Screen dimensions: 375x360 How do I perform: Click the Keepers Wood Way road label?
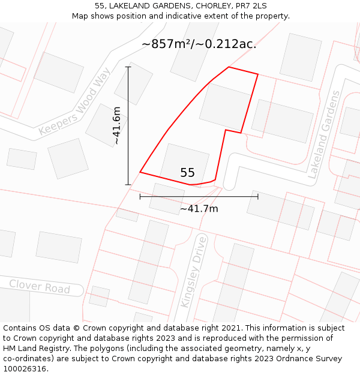(74, 103)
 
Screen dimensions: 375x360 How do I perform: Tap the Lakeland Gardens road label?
(324, 135)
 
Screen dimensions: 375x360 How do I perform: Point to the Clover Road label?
(40, 286)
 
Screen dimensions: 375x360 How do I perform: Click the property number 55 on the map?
(187, 173)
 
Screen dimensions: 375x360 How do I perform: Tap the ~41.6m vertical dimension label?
(117, 125)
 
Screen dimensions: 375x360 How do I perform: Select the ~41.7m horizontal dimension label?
(199, 209)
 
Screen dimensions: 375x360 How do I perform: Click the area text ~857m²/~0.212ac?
(199, 44)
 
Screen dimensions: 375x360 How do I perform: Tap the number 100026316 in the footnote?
(25, 369)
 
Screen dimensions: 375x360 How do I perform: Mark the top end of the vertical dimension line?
(128, 67)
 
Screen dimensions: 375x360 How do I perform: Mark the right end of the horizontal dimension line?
(258, 196)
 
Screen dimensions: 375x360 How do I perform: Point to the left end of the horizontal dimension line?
(140, 196)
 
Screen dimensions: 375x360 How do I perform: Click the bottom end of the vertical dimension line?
(128, 184)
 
